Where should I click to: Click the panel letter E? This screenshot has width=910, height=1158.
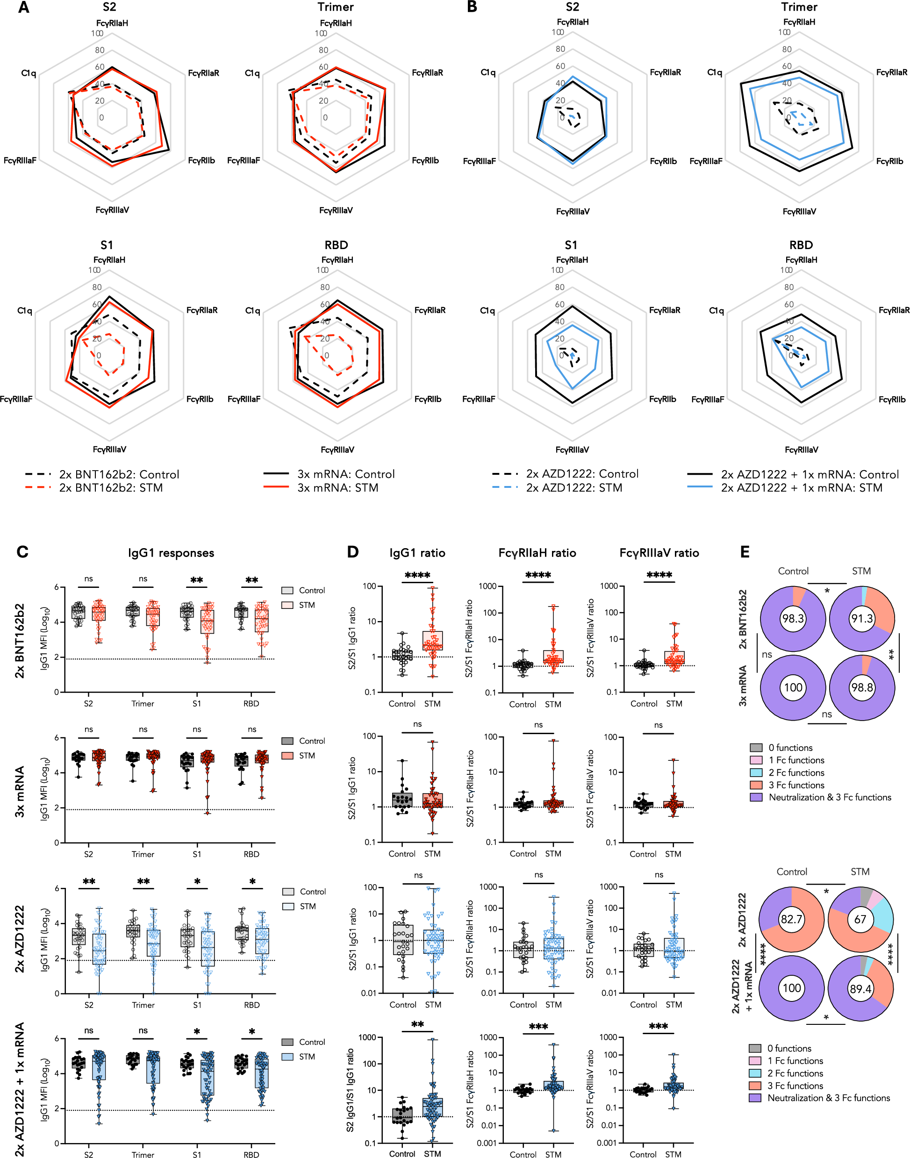point(745,552)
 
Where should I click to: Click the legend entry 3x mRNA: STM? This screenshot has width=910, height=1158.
point(337,488)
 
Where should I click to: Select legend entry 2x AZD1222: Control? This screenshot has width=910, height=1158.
point(582,473)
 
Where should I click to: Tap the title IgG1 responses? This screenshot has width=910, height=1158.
point(171,553)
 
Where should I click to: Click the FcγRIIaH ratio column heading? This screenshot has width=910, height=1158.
point(537,553)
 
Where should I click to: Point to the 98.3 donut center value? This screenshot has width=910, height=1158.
point(793,618)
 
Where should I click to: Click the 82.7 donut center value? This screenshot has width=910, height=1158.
point(791,919)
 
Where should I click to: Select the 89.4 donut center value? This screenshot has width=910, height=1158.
point(860,989)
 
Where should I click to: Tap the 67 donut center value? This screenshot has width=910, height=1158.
point(860,919)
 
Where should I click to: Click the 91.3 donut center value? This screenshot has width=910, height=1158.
point(862,618)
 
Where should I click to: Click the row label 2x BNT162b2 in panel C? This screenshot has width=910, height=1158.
point(20,640)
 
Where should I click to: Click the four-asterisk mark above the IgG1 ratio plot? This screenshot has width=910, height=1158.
point(417,575)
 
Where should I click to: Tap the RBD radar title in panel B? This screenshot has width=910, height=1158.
point(801,245)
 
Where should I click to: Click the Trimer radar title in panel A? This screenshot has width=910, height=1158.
point(336,7)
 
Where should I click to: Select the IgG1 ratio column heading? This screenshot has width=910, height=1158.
point(417,553)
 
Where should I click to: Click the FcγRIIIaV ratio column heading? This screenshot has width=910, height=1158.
point(659,553)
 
